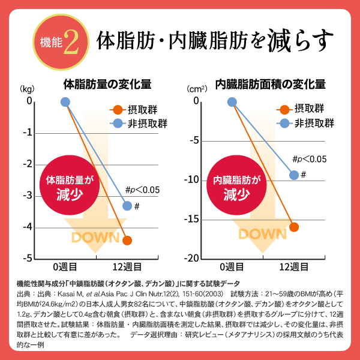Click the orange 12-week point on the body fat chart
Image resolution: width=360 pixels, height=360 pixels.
(x=127, y=240)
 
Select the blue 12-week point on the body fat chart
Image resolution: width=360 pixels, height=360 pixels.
(x=127, y=206)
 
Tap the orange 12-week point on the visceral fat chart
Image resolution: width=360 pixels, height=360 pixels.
(x=294, y=226)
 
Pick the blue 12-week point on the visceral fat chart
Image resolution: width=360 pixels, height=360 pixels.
(x=294, y=175)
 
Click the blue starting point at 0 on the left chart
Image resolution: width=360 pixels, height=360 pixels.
(x=65, y=101)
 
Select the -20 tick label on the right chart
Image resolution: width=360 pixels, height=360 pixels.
(x=192, y=258)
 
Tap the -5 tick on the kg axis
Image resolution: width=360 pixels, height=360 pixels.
(x=28, y=258)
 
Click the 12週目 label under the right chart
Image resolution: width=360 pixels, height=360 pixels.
(x=294, y=267)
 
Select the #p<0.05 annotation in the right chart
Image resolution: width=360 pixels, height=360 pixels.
(x=309, y=159)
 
